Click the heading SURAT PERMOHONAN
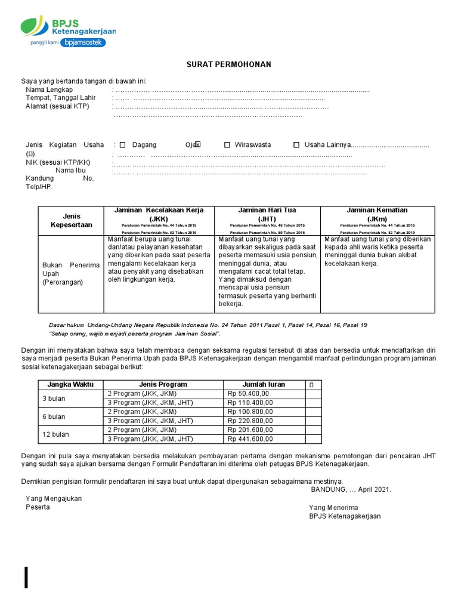click(x=229, y=64)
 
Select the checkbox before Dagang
click(x=123, y=145)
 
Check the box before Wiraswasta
click(x=227, y=145)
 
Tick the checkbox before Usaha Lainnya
click(x=296, y=145)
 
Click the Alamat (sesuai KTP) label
click(x=57, y=106)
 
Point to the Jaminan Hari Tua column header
click(x=267, y=214)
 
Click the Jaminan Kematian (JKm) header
click(x=377, y=214)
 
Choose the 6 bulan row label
click(x=54, y=416)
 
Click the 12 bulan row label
click(x=55, y=434)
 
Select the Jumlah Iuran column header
click(x=264, y=384)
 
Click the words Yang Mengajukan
click(x=54, y=498)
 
